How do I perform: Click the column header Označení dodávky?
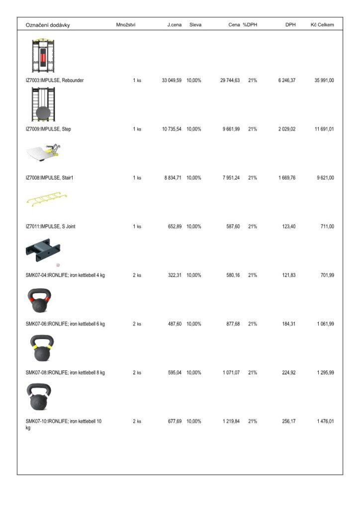48,25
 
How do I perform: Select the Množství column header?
126,24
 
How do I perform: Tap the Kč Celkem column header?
322,24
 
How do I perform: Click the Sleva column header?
195,24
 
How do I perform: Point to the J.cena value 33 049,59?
172,80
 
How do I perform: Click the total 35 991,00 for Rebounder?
324,80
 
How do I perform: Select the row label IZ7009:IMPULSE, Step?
48,129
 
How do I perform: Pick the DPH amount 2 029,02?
287,129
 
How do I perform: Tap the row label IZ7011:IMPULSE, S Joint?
51,226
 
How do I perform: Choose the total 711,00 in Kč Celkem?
327,226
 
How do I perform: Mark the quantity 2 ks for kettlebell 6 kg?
137,324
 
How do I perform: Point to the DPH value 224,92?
289,372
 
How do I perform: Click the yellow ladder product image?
47,200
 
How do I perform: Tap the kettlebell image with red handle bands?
40,300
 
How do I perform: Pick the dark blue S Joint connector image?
43,250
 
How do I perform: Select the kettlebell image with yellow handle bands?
41,348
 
